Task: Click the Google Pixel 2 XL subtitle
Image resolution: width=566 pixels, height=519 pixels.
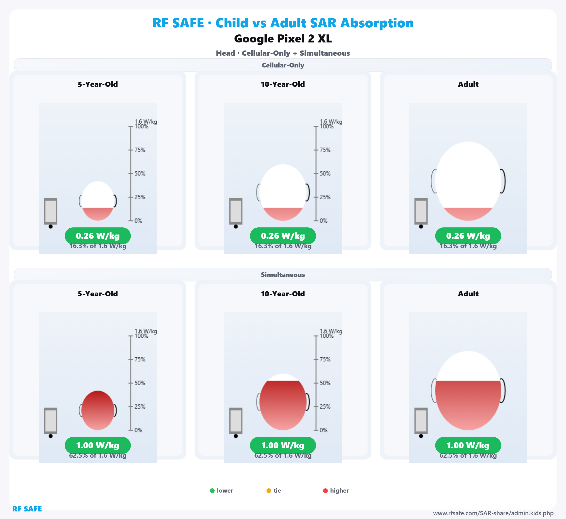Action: (283, 39)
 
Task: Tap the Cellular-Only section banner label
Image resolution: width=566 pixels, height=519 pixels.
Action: (283, 65)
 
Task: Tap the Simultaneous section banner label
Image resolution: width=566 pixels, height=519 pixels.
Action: (283, 275)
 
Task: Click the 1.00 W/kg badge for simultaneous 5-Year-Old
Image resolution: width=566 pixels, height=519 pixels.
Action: (98, 445)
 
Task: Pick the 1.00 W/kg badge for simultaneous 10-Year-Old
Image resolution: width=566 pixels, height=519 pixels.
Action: (283, 445)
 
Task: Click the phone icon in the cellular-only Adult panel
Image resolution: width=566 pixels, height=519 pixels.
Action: (421, 211)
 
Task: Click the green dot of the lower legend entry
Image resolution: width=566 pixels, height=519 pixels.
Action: (212, 491)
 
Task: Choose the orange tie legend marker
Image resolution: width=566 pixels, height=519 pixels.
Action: (269, 491)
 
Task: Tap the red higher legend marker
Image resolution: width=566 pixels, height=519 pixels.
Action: (325, 491)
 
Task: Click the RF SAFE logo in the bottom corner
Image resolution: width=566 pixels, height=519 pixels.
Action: (27, 509)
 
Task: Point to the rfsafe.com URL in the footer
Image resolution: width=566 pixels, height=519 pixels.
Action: (493, 513)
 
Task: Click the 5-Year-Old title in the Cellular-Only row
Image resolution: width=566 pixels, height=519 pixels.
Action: (98, 84)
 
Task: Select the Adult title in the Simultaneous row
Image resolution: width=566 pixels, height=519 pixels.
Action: (468, 294)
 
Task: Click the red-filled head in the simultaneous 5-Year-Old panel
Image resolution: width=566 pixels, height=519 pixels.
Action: (98, 410)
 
